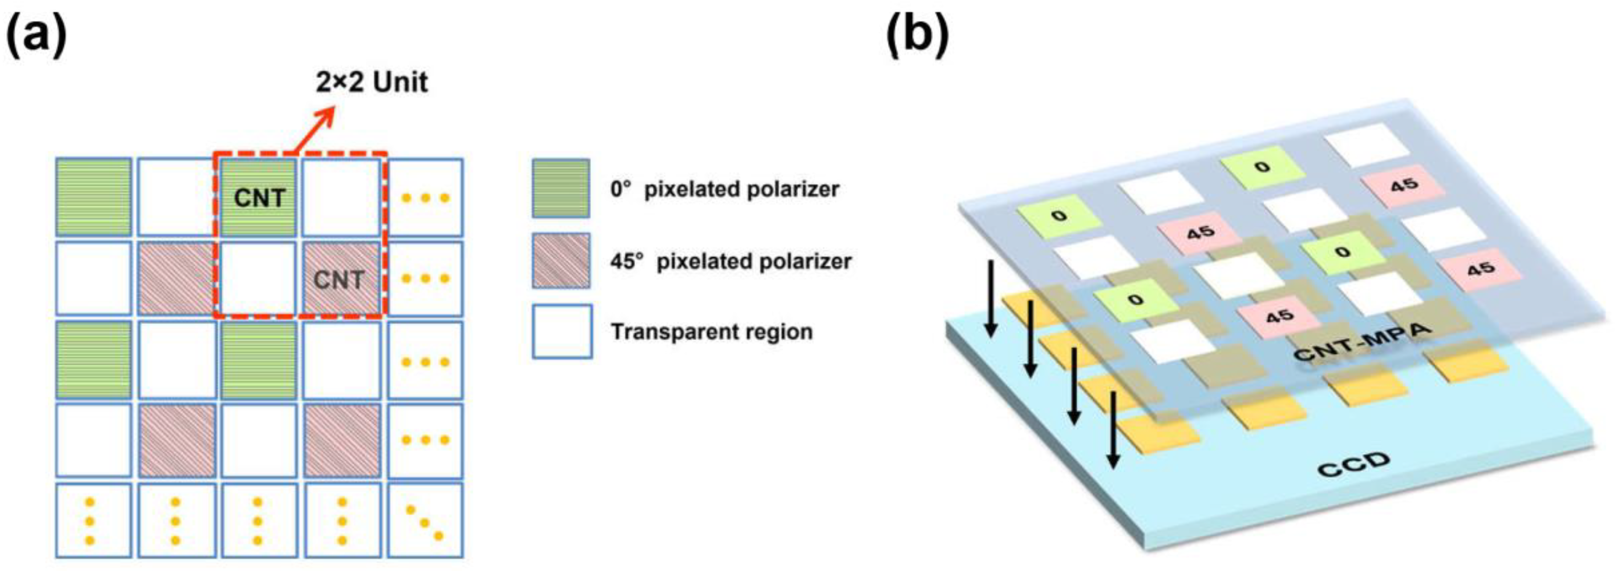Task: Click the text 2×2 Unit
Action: [371, 82]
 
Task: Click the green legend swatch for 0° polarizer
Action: [560, 188]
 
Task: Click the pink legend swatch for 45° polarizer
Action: [560, 261]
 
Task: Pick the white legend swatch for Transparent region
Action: [561, 332]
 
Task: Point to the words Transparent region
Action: [711, 332]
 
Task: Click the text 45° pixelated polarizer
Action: [730, 261]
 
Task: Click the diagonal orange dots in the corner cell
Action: [425, 520]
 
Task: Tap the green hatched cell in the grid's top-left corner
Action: [93, 197]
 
